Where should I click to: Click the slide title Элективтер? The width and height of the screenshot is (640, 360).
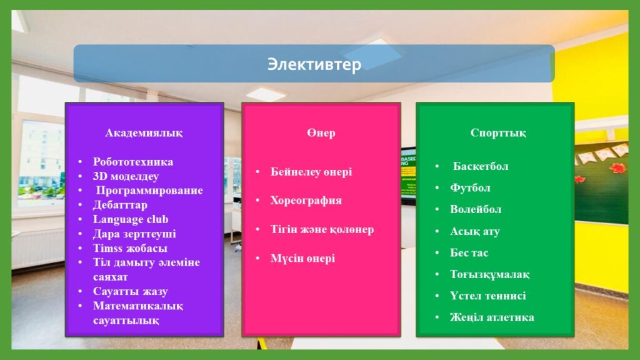click(x=314, y=64)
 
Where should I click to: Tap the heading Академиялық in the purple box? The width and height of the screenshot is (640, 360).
click(x=144, y=133)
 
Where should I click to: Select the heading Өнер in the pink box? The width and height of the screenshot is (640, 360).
click(x=321, y=133)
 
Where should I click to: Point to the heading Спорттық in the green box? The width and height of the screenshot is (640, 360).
click(x=498, y=133)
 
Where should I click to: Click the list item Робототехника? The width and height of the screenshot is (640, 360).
click(x=133, y=162)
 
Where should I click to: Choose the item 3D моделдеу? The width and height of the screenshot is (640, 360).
click(x=126, y=176)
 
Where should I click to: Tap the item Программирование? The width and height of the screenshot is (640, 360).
click(x=149, y=191)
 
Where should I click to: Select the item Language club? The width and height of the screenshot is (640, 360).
click(x=131, y=219)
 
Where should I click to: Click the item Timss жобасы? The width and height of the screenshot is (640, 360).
click(x=130, y=248)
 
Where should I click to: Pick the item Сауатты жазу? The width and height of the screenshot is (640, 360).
click(x=130, y=291)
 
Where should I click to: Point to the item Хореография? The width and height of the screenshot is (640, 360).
click(x=306, y=201)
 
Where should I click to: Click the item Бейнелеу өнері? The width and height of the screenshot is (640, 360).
click(x=311, y=172)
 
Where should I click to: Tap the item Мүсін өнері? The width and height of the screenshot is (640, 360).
click(x=302, y=258)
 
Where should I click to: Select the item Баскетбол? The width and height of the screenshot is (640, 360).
click(x=481, y=166)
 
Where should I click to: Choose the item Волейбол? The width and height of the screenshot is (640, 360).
click(x=476, y=209)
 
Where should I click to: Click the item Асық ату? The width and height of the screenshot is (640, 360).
click(x=475, y=231)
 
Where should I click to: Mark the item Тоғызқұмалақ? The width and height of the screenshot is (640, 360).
click(x=489, y=274)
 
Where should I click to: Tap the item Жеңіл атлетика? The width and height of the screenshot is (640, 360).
click(x=492, y=317)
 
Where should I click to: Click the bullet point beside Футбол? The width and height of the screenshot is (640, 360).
click(x=437, y=188)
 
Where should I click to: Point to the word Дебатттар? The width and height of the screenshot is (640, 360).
click(x=120, y=205)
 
